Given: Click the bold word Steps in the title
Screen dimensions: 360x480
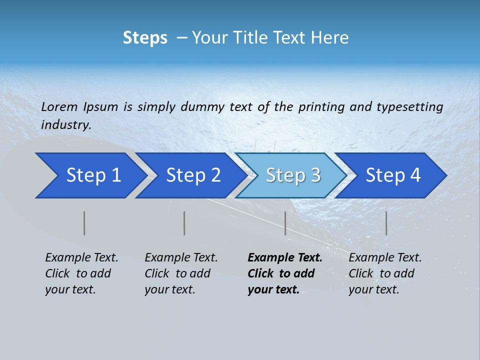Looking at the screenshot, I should tap(145, 38).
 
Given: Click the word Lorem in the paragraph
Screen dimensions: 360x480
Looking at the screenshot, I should tap(59, 107).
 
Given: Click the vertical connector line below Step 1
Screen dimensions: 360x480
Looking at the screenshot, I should tap(84, 223).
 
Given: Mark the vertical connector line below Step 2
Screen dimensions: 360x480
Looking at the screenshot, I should tap(184, 223).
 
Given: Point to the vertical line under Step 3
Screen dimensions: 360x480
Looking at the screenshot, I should tap(285, 223).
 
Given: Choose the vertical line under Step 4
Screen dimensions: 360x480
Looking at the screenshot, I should tap(386, 223).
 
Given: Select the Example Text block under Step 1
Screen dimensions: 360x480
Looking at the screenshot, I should tap(81, 273).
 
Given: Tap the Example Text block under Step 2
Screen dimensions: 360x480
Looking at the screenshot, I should tap(181, 273).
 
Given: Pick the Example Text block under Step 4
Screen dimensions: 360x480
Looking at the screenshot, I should tap(385, 273).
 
